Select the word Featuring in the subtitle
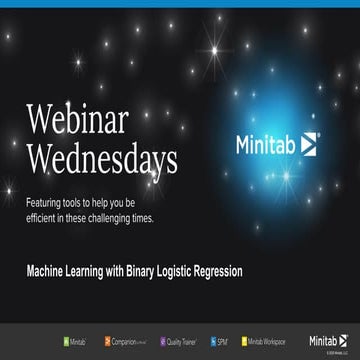pos(44,202)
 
